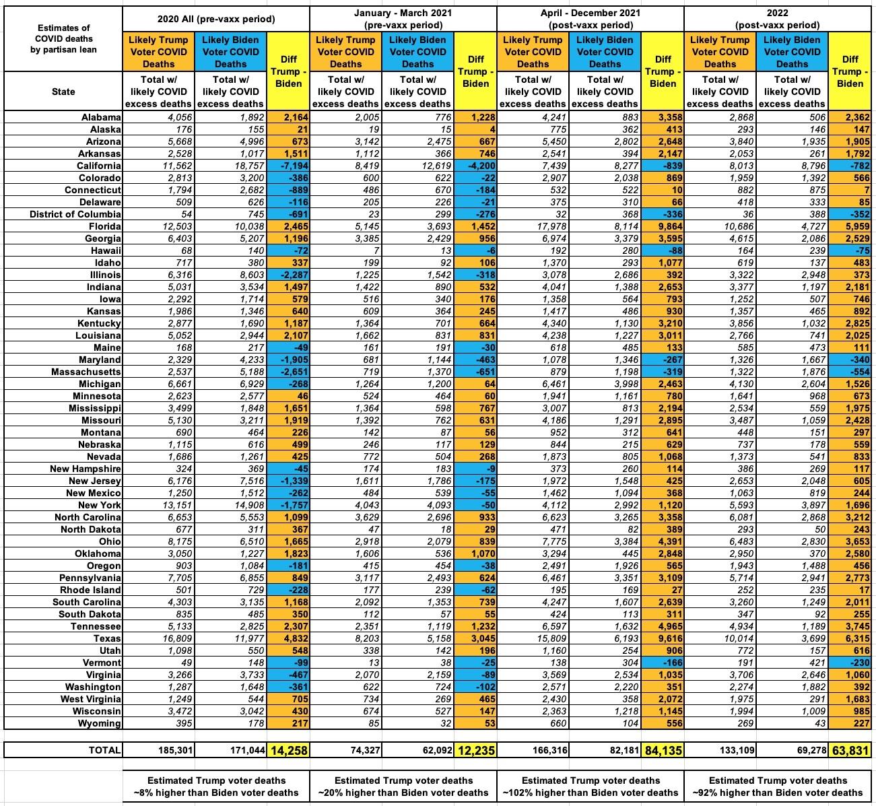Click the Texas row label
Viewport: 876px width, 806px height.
[x=108, y=638]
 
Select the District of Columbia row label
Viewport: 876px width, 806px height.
[x=75, y=214]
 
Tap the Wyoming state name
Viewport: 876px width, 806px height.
[x=102, y=723]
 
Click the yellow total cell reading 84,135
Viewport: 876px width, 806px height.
[x=663, y=749]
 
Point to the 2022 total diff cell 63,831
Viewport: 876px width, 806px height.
[x=850, y=749]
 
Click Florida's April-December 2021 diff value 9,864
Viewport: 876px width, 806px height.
[x=663, y=226]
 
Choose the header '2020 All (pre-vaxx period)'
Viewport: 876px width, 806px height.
[x=216, y=19]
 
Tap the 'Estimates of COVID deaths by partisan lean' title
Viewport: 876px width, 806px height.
[x=63, y=38]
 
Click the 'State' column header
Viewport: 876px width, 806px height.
[x=63, y=91]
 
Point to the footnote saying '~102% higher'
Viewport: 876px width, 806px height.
[x=590, y=786]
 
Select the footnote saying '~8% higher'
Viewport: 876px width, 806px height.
[x=216, y=786]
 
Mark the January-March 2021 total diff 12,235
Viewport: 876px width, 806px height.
[x=475, y=749]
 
